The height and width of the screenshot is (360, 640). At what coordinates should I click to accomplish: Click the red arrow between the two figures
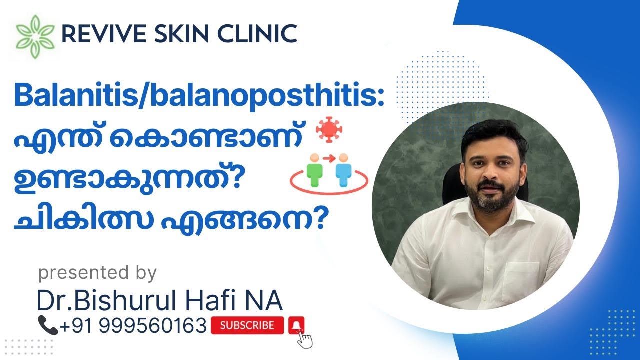click(329, 159)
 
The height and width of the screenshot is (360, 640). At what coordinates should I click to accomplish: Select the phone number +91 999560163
click(133, 326)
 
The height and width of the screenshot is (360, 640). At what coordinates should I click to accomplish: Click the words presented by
click(97, 273)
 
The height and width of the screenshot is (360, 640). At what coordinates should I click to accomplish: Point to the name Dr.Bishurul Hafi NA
click(159, 301)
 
